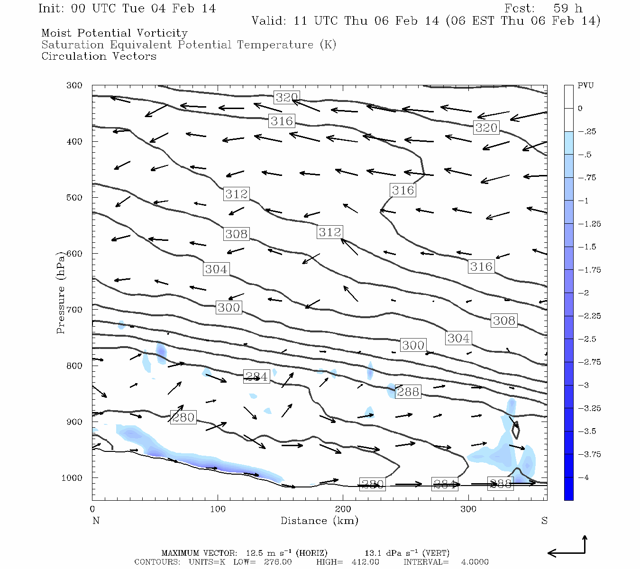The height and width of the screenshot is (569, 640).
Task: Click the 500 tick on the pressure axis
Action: (x=74, y=197)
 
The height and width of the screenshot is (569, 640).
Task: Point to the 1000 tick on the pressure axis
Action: (x=72, y=478)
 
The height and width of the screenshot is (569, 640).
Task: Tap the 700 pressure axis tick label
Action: (x=74, y=310)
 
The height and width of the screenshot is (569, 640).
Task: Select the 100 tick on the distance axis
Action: (x=218, y=509)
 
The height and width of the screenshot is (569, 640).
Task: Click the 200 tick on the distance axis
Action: (x=343, y=509)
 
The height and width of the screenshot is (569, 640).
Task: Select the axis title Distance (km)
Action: (x=319, y=521)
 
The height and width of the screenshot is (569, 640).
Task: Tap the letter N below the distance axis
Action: (x=96, y=521)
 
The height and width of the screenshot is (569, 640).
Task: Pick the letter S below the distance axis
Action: (x=544, y=521)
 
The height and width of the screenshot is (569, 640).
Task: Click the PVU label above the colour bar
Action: (x=585, y=86)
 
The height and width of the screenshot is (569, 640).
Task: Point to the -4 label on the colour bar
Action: (x=584, y=477)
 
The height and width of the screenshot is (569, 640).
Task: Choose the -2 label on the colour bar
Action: (x=584, y=293)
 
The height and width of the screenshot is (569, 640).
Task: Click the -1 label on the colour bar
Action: (x=584, y=201)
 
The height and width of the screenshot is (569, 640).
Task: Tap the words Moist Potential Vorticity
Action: (x=114, y=33)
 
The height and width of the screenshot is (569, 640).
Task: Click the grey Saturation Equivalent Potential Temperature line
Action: (x=189, y=45)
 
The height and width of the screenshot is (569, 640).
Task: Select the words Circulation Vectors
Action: (x=99, y=56)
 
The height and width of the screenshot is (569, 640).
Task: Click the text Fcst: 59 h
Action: (x=543, y=9)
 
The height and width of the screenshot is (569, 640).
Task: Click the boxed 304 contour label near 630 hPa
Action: (x=216, y=269)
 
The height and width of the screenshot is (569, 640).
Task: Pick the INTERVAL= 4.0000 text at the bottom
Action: (x=446, y=562)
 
